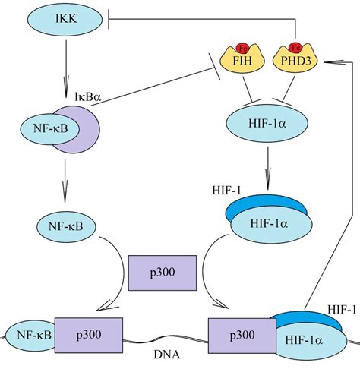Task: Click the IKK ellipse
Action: coord(65,20)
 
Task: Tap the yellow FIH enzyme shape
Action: coord(242,60)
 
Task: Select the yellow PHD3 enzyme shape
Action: coord(295,60)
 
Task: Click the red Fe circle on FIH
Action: coord(242,48)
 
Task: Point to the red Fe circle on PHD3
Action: coord(295,48)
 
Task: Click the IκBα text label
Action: coord(87,96)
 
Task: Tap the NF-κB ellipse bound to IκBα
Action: coord(50,128)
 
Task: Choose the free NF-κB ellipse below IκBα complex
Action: coord(67,226)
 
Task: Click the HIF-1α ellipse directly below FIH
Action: coord(267,123)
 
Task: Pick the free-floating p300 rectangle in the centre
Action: coord(163,273)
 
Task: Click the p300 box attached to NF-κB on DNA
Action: coord(89,335)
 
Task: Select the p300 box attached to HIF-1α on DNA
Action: coord(242,336)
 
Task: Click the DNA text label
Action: coord(167,355)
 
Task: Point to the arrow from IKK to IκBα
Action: coord(66,68)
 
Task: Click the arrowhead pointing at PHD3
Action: coord(334,61)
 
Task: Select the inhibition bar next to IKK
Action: coord(109,20)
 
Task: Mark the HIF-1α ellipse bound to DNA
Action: coord(310,340)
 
